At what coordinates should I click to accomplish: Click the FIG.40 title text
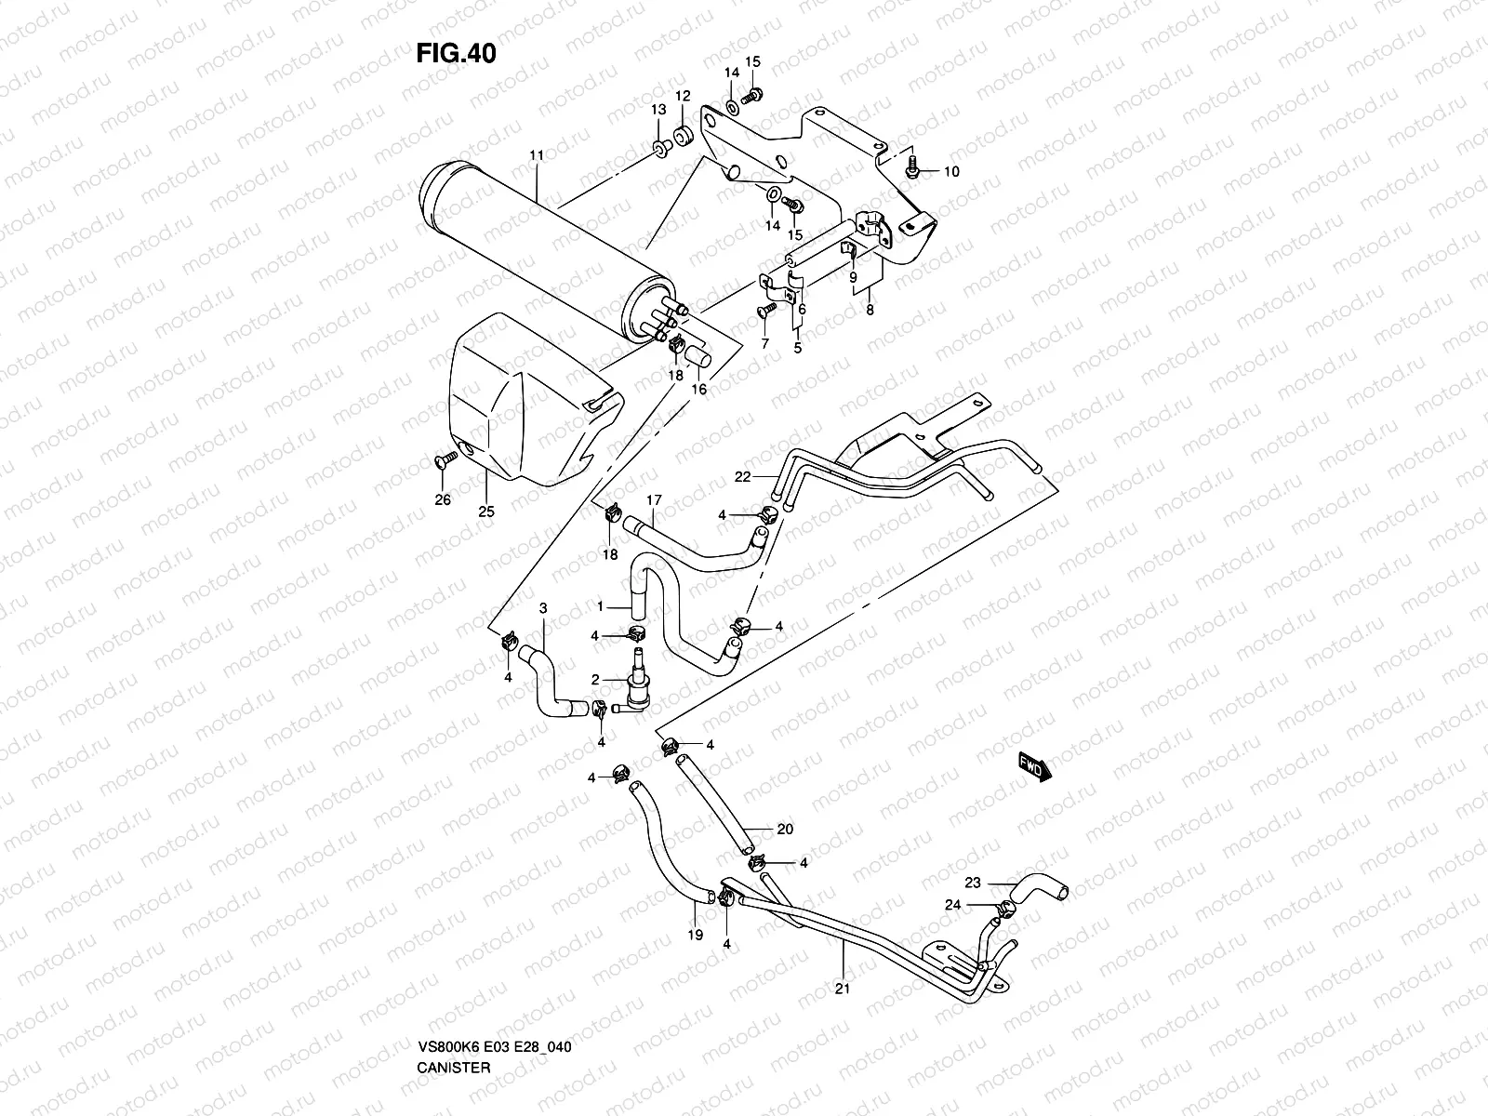(x=456, y=54)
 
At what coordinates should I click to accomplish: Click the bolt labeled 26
(x=446, y=458)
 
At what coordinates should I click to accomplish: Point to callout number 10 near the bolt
(x=951, y=171)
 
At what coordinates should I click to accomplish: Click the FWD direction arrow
(x=1034, y=767)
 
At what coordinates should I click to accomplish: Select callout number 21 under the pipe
(x=843, y=989)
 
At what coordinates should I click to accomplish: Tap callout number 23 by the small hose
(x=973, y=883)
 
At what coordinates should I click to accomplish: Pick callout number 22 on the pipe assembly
(x=741, y=477)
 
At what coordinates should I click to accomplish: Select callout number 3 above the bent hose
(x=543, y=608)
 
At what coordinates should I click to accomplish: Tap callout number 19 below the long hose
(x=695, y=937)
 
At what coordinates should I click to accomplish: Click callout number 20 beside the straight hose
(x=785, y=830)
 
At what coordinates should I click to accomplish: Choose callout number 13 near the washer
(x=658, y=110)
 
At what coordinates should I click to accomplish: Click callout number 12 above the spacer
(x=683, y=96)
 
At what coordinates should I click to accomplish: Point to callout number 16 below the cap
(x=697, y=389)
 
